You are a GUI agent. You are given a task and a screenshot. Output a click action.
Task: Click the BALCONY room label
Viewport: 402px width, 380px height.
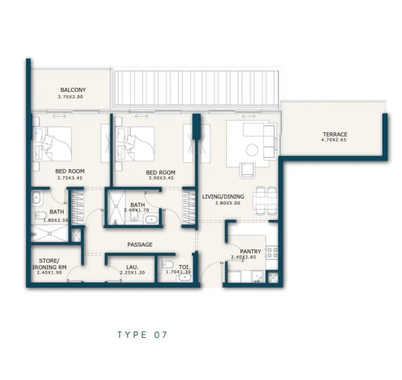coord(73,90)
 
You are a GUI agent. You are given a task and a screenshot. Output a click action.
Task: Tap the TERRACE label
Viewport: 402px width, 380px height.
coord(335,134)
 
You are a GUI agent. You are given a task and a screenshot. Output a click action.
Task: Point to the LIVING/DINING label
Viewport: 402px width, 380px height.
coord(223,197)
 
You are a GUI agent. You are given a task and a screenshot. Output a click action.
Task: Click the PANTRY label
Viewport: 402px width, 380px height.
coord(250,251)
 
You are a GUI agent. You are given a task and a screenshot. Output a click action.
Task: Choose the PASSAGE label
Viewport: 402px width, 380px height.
coord(140,245)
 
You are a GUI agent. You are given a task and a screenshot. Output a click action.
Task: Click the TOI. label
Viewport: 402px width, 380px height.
coord(183,267)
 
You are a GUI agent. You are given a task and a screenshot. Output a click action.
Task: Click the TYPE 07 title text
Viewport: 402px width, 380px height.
coord(142,334)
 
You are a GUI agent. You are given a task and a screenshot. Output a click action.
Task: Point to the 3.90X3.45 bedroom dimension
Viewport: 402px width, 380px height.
coord(161,178)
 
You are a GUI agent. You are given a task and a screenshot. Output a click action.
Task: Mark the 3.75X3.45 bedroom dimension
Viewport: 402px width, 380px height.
coord(70,178)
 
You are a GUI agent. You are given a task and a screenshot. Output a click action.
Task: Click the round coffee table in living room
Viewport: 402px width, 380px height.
coord(252,150)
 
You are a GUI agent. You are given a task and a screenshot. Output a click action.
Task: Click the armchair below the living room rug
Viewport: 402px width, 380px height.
coord(249,169)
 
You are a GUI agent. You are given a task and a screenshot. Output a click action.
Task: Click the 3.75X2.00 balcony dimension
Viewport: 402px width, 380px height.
coord(71,97)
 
